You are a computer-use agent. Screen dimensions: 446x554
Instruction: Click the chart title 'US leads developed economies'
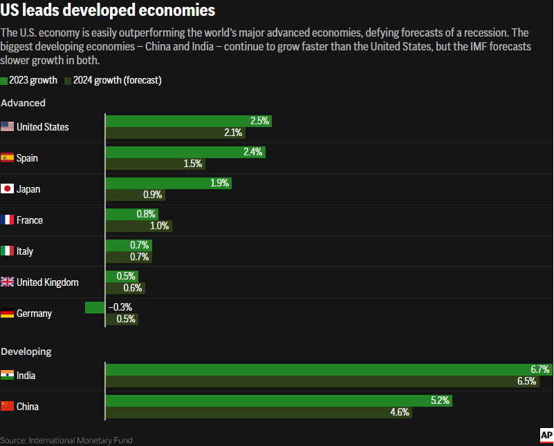(107, 12)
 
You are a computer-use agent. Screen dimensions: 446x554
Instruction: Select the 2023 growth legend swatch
(4, 81)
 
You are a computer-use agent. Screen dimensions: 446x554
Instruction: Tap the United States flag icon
(8, 126)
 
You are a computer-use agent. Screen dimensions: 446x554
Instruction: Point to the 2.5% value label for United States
(259, 121)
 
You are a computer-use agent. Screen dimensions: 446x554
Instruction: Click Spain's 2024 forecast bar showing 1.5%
(155, 164)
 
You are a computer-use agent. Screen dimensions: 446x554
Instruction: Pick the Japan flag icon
(8, 188)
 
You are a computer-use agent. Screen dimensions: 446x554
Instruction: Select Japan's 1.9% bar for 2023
(168, 183)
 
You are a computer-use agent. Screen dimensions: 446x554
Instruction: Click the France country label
(30, 220)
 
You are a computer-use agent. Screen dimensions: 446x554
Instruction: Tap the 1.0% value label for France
(159, 226)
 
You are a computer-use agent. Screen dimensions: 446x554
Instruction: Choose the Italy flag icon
(8, 251)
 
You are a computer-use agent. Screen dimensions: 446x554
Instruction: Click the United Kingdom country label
(47, 282)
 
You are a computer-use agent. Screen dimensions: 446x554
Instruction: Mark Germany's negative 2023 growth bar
(95, 307)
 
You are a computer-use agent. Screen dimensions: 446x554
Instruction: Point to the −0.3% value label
(120, 307)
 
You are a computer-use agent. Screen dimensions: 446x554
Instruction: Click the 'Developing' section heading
(26, 351)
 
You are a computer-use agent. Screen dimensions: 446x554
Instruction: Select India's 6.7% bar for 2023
(329, 369)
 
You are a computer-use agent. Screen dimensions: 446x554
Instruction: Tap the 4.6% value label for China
(400, 412)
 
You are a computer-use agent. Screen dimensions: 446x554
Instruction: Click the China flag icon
(8, 406)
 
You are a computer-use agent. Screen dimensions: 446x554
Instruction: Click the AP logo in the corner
(546, 435)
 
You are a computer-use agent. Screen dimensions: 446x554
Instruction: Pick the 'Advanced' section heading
(24, 103)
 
